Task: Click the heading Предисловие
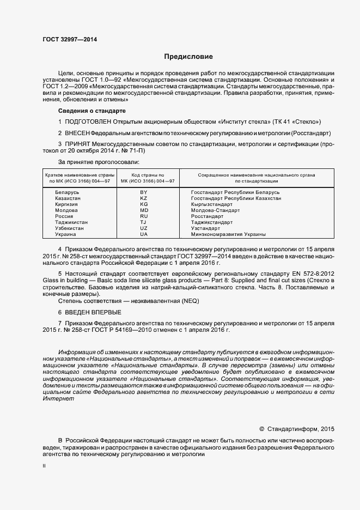189,57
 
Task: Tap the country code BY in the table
144,193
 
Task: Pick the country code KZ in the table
144,199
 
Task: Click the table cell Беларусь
67,193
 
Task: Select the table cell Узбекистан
70,228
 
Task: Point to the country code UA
144,234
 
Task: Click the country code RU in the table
144,216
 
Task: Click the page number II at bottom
44,466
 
